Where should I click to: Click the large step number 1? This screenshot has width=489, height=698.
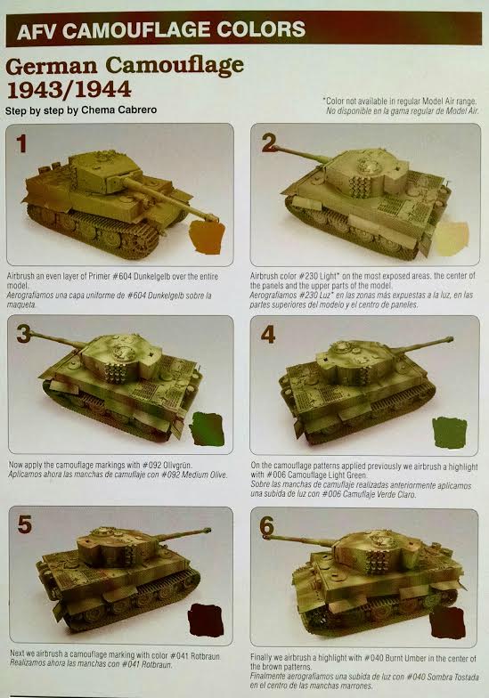[21, 143]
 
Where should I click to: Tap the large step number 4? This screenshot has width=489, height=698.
[267, 335]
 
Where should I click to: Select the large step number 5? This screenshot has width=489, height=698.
[24, 524]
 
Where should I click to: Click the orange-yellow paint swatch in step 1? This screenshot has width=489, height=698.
[207, 238]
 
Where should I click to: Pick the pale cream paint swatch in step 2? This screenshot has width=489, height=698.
[452, 239]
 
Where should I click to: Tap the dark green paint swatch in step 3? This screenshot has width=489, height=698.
[207, 429]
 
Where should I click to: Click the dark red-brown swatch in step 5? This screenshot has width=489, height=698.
[206, 621]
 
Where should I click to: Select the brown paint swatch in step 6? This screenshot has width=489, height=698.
[447, 622]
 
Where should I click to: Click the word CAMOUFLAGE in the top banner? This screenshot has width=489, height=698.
[141, 30]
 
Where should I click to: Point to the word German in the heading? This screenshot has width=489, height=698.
[52, 67]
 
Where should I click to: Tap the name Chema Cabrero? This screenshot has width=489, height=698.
[119, 110]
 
